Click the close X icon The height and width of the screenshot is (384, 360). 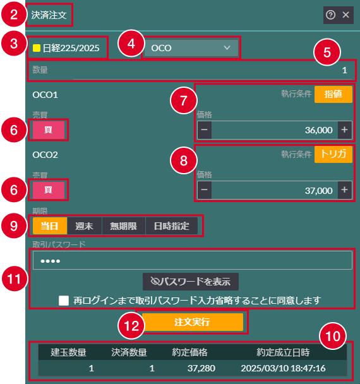tap(345, 15)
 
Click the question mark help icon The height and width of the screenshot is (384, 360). tap(330, 15)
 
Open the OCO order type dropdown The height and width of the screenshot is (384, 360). tap(191, 48)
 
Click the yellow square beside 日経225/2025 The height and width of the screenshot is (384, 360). tap(37, 48)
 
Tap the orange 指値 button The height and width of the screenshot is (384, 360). tap(333, 94)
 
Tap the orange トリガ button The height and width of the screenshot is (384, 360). tap(333, 154)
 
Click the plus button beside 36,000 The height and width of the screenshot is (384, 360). tap(345, 130)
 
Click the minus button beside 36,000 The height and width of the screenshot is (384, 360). tap(205, 130)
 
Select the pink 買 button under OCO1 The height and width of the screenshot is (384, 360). tap(49, 130)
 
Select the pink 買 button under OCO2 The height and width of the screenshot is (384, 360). tap(49, 190)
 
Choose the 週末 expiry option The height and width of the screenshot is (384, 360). tap(84, 226)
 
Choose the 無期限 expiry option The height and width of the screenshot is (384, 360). tap(123, 226)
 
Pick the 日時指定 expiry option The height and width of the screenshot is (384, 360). tap(171, 226)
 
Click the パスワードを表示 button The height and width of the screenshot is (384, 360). tap(191, 282)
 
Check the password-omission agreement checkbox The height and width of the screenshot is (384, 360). tap(64, 301)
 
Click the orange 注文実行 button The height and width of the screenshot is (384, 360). tap(193, 322)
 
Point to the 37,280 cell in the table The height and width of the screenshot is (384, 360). tap(201, 368)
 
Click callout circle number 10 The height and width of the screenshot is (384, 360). tap(333, 336)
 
